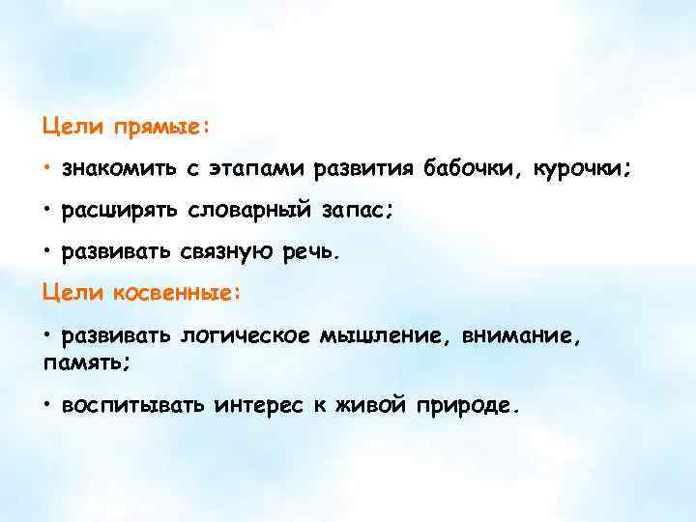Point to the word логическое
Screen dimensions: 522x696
pos(245,335)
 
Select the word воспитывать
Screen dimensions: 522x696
pos(132,404)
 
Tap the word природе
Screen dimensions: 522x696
pos(467,404)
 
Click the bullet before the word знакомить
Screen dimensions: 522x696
pos(46,169)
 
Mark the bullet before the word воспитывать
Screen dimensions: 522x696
pos(46,404)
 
